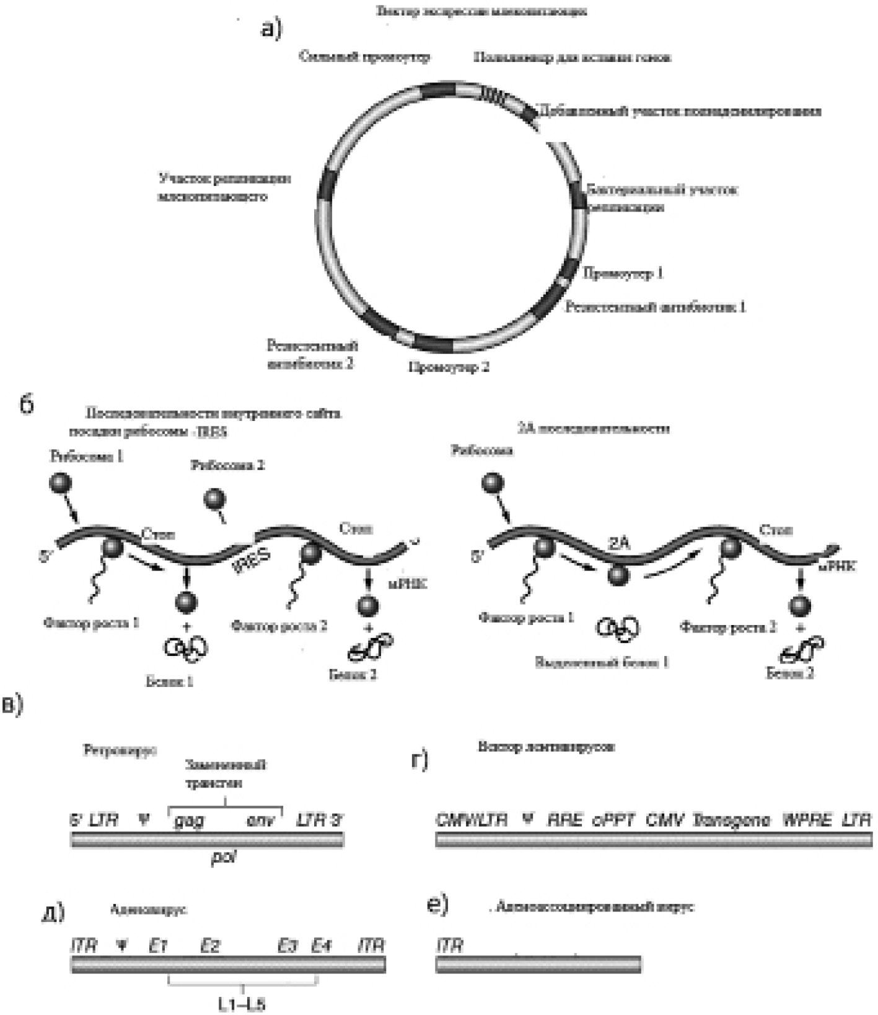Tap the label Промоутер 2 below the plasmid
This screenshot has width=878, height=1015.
tap(449, 367)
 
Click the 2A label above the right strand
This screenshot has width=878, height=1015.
tap(618, 544)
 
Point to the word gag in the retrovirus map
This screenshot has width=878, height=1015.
tap(189, 820)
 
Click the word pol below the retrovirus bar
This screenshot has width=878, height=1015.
tap(223, 858)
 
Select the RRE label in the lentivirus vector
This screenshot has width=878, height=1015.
tap(565, 820)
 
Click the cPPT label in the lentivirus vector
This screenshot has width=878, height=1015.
tap(613, 820)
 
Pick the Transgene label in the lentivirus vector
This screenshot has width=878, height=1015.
tap(732, 820)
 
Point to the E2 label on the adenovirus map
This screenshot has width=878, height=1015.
tap(210, 946)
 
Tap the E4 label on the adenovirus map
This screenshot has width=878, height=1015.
tap(321, 946)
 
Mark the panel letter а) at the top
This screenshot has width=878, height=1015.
tap(271, 29)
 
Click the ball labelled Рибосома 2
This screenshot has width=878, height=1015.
tap(215, 500)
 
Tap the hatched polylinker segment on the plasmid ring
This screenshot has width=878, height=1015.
tap(498, 95)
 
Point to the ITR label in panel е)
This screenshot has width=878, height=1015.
tap(450, 946)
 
